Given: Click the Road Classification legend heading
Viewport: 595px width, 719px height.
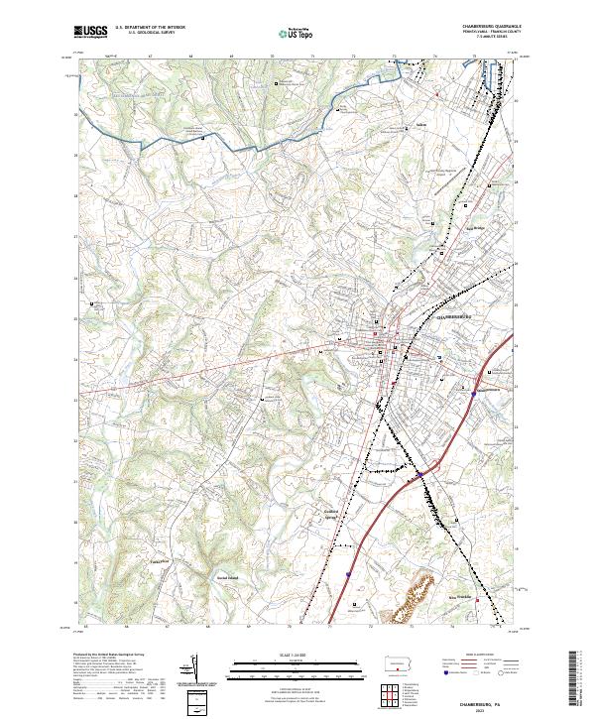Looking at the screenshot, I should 467,656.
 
